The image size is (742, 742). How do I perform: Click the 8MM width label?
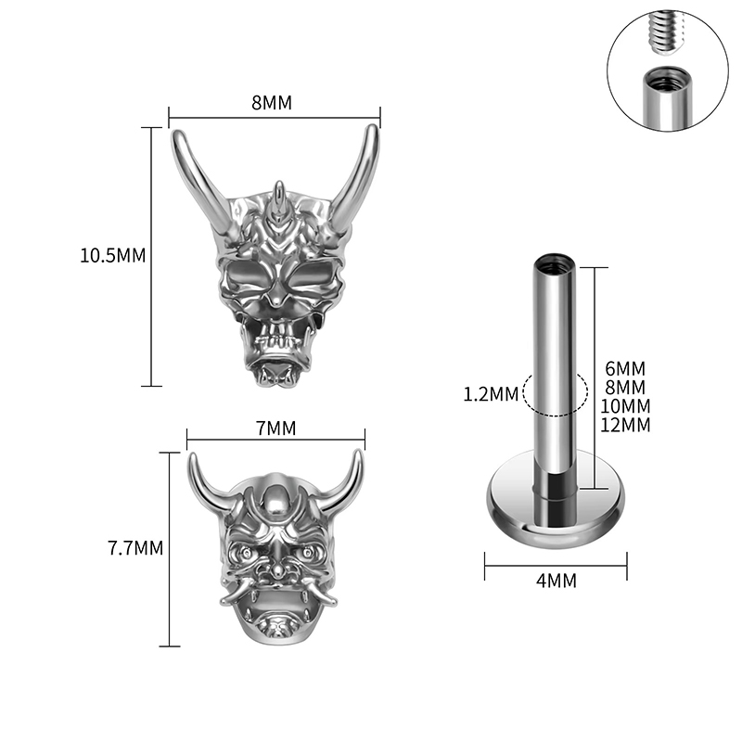[x=272, y=102]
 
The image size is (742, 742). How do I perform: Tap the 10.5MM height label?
[x=112, y=256]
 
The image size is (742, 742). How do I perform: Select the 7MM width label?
[x=275, y=429]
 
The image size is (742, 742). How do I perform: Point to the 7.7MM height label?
[x=135, y=548]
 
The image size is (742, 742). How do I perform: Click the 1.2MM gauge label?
[x=491, y=394]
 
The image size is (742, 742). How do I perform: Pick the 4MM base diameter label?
[x=556, y=581]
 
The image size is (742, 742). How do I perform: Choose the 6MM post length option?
[x=625, y=368]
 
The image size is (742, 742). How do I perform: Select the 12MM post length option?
[x=625, y=425]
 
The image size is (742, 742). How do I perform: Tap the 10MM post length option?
[x=625, y=406]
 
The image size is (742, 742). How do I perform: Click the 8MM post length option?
[x=625, y=387]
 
